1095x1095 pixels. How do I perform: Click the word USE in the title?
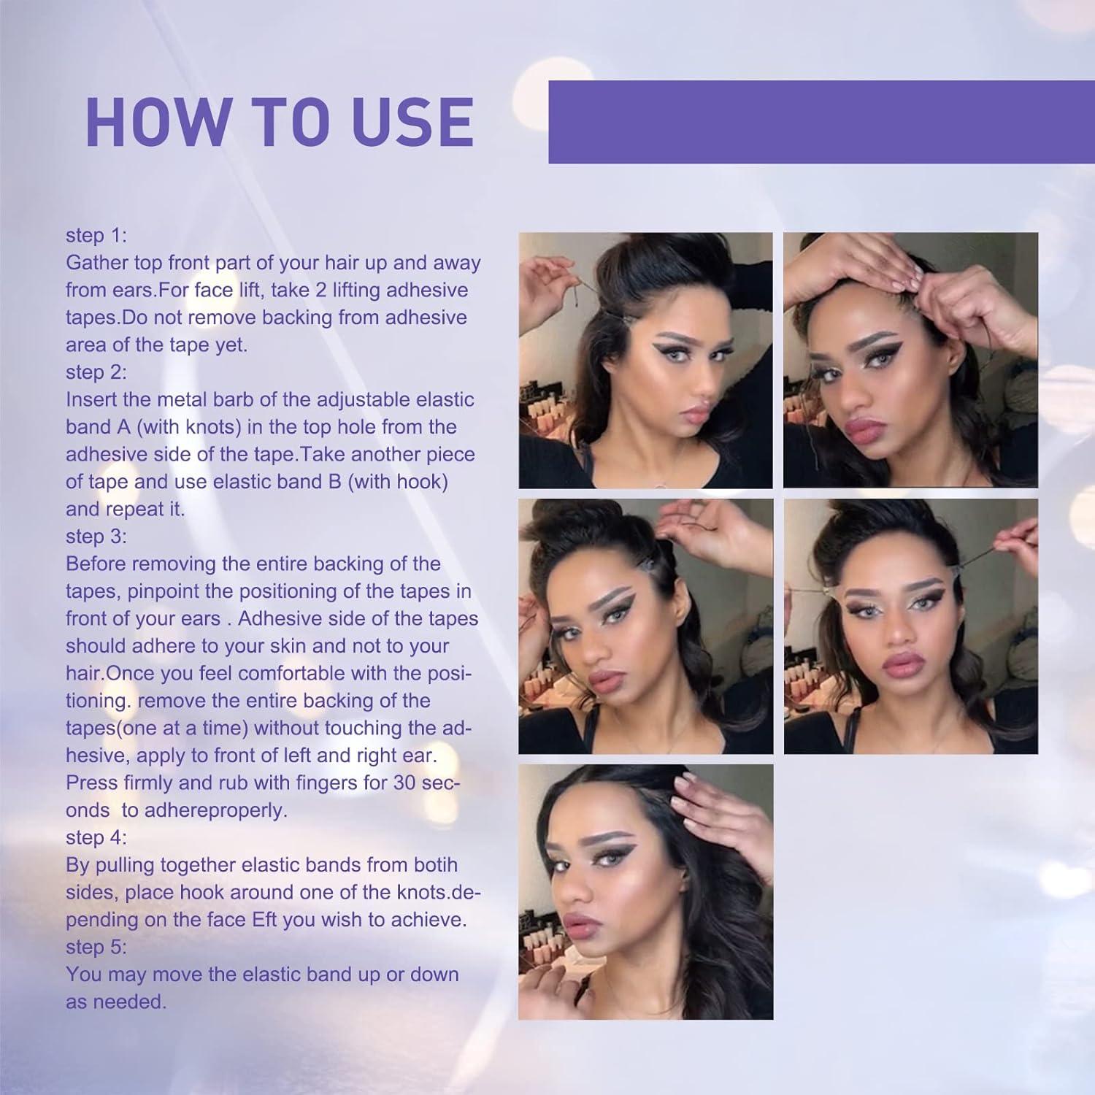414,122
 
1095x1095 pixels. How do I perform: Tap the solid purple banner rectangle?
821,122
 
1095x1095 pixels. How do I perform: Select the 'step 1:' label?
96,235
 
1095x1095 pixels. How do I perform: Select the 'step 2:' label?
96,372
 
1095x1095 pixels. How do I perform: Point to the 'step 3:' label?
96,537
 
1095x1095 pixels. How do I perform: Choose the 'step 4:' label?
96,837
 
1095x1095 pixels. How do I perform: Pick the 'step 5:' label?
96,947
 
